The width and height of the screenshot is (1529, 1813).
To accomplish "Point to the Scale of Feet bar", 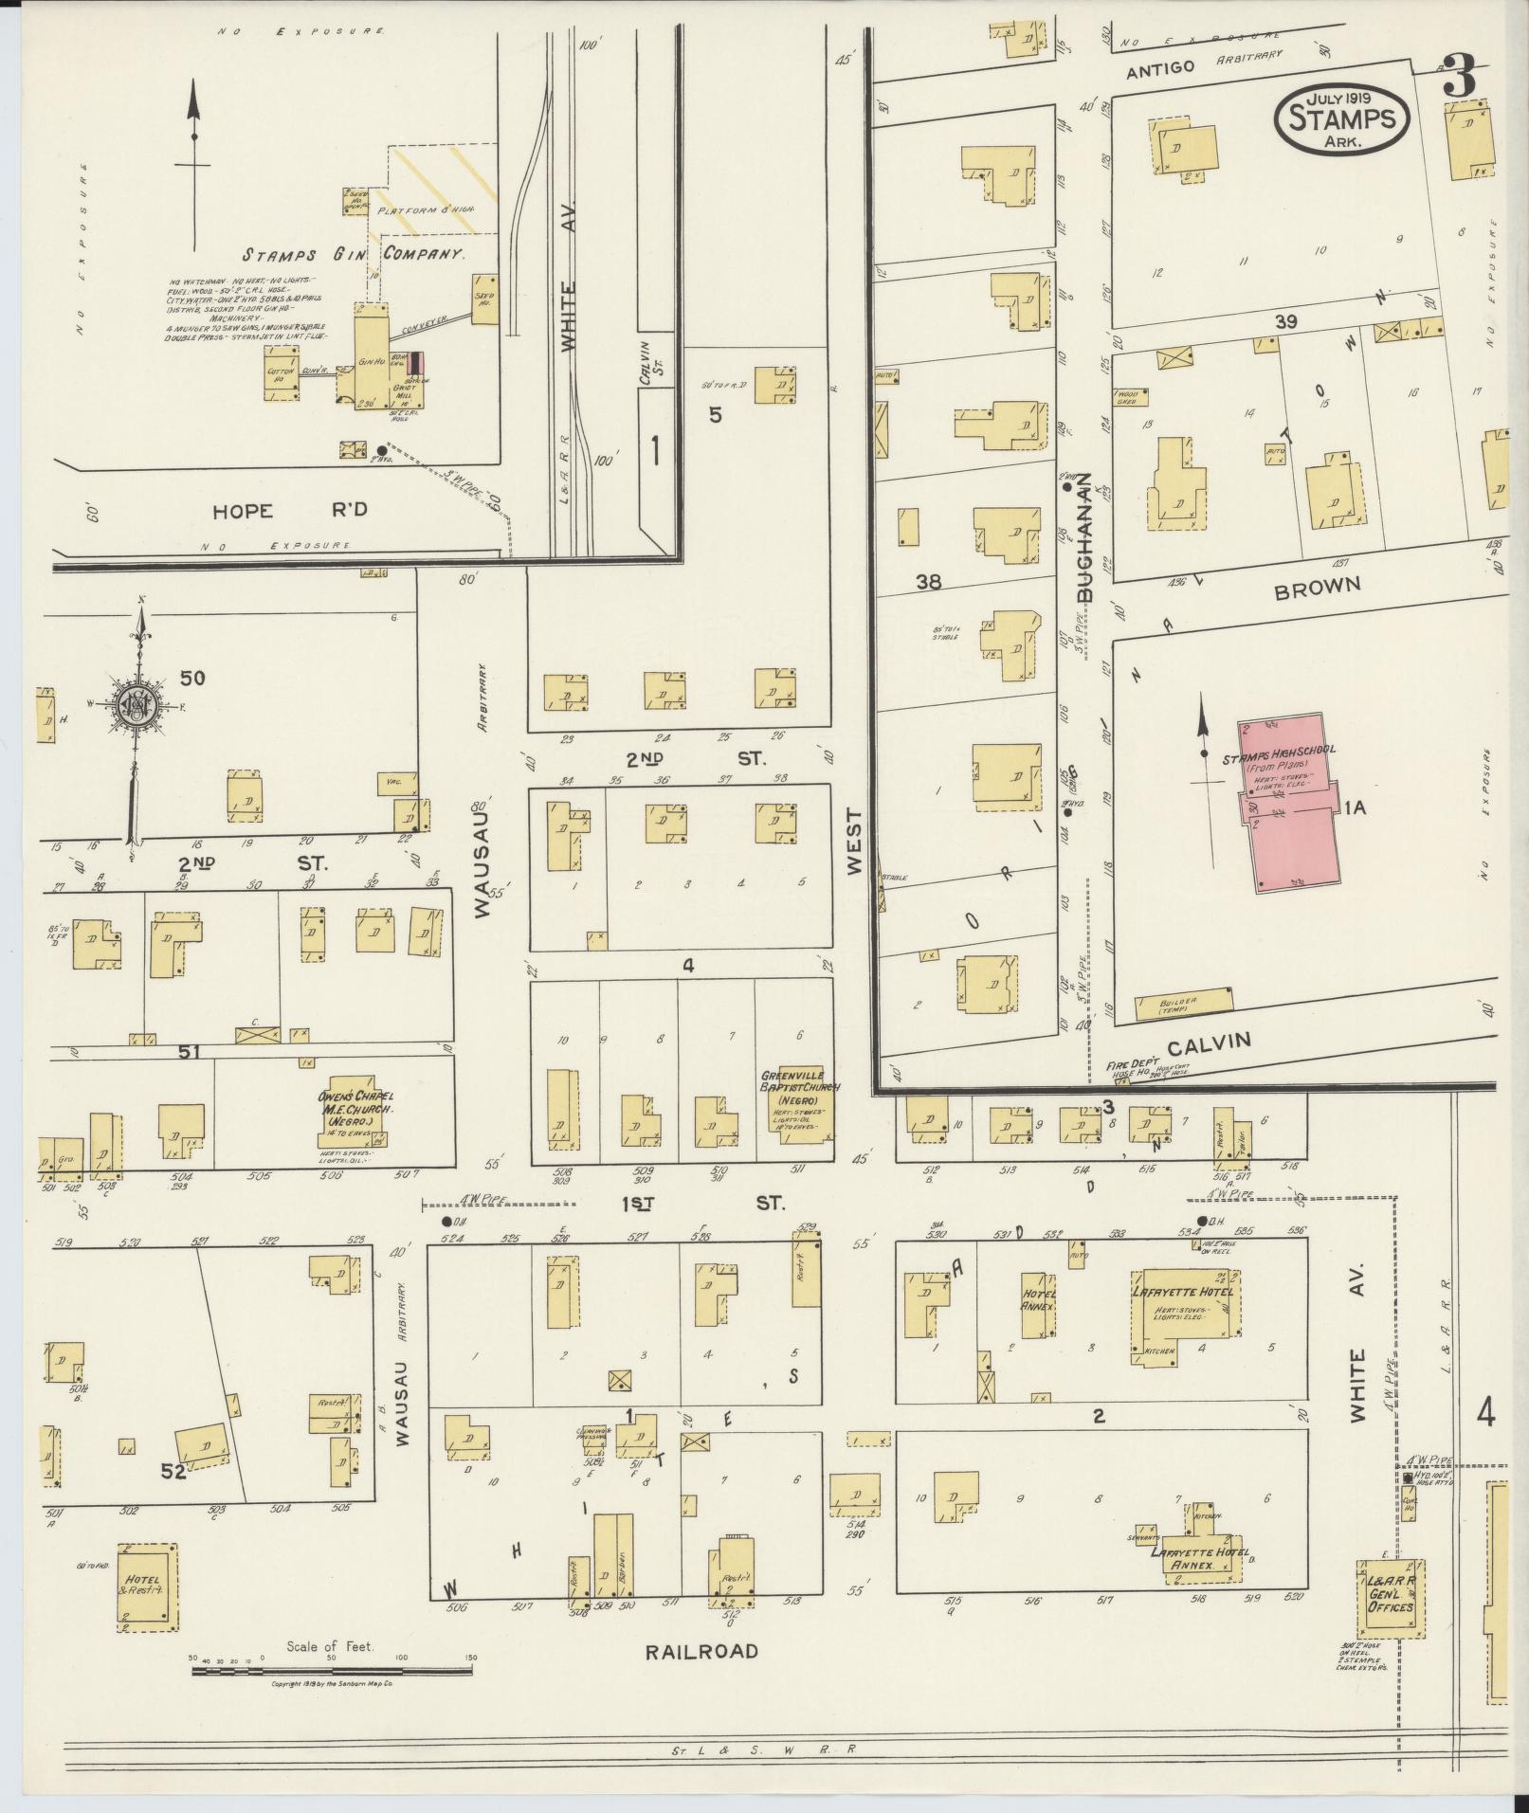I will [332, 1672].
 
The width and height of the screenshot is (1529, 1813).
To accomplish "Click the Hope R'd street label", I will [289, 511].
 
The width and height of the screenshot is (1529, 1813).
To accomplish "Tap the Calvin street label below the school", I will [1208, 1044].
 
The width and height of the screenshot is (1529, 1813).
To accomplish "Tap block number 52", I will [173, 1472].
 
